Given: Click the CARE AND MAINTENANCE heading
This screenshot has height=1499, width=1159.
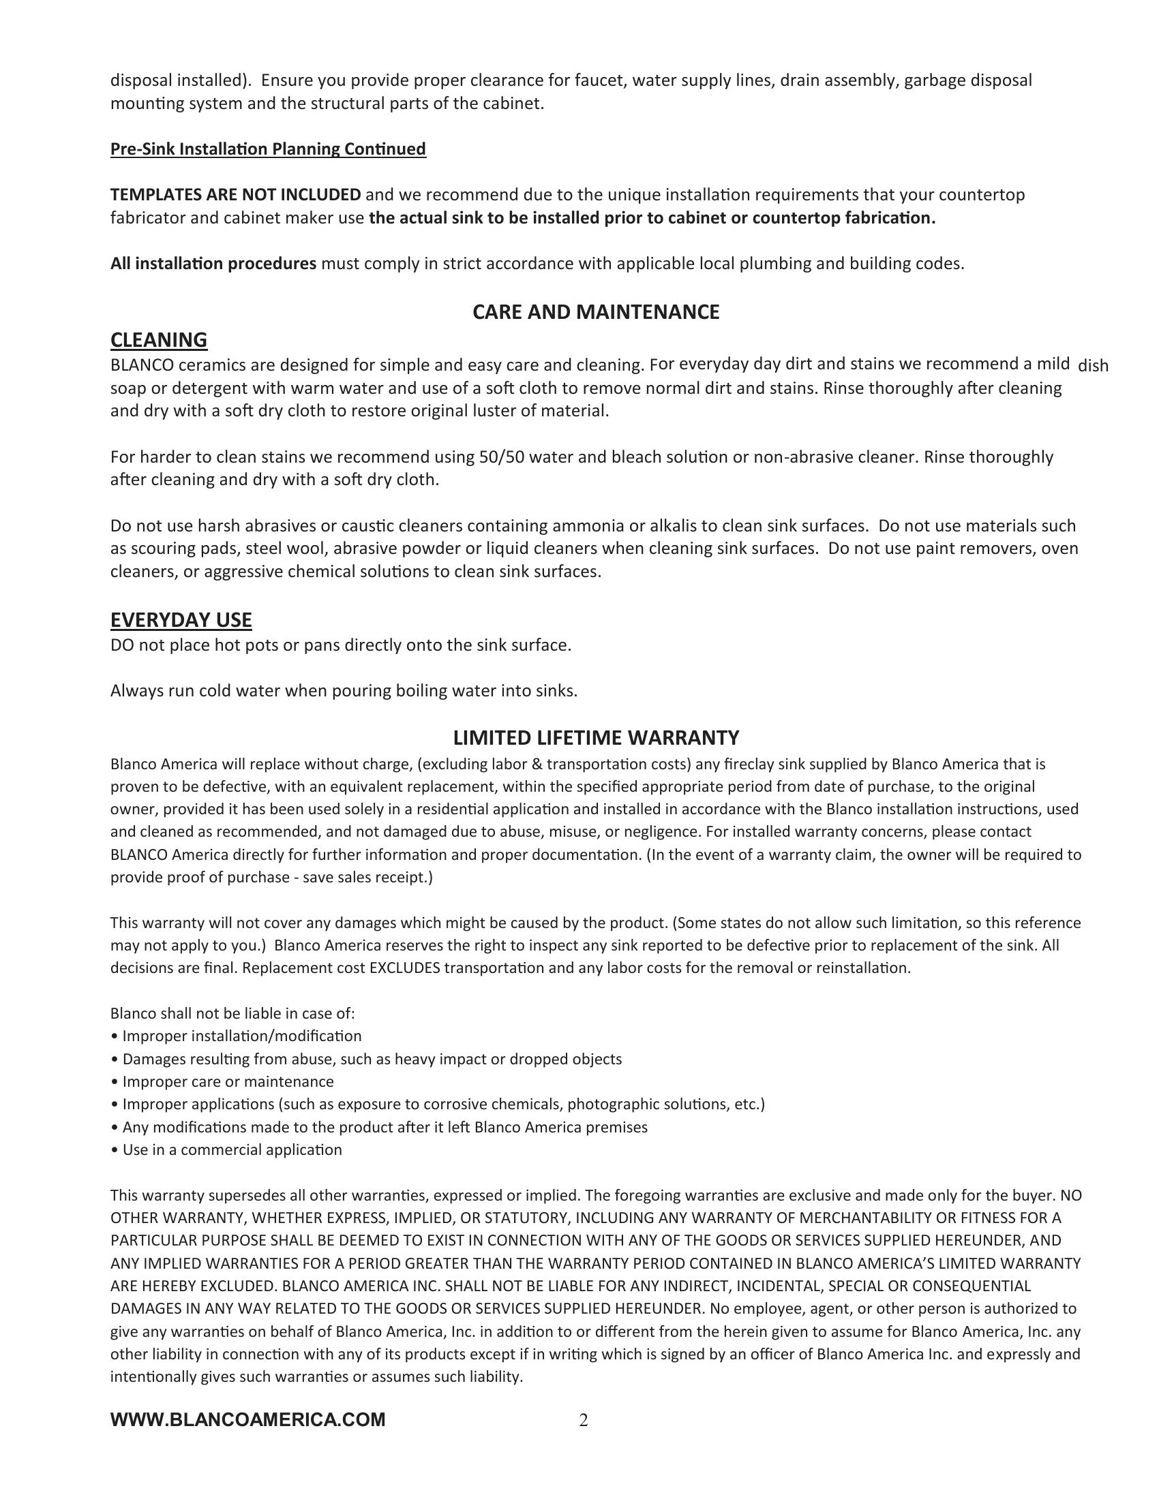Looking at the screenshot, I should click(595, 312).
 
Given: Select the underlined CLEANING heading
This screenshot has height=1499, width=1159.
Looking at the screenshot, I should click(159, 340).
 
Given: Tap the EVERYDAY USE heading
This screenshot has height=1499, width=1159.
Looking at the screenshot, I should click(181, 620).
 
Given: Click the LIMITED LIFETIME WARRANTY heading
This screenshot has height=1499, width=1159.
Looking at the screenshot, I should click(595, 738).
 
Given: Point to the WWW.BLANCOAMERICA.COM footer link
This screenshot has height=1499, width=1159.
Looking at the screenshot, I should click(248, 1419).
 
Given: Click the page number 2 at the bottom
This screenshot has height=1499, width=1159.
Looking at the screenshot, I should click(584, 1420).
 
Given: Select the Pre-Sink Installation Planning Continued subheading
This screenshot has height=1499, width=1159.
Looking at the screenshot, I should click(268, 149).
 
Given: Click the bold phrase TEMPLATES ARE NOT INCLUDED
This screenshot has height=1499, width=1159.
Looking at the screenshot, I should click(235, 195).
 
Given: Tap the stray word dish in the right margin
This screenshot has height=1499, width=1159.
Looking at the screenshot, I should click(1093, 366).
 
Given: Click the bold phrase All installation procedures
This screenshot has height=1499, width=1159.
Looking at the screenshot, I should click(213, 264).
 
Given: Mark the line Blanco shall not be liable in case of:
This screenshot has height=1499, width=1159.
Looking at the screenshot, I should click(232, 1014).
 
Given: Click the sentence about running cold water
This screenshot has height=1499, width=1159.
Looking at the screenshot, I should click(344, 691).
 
